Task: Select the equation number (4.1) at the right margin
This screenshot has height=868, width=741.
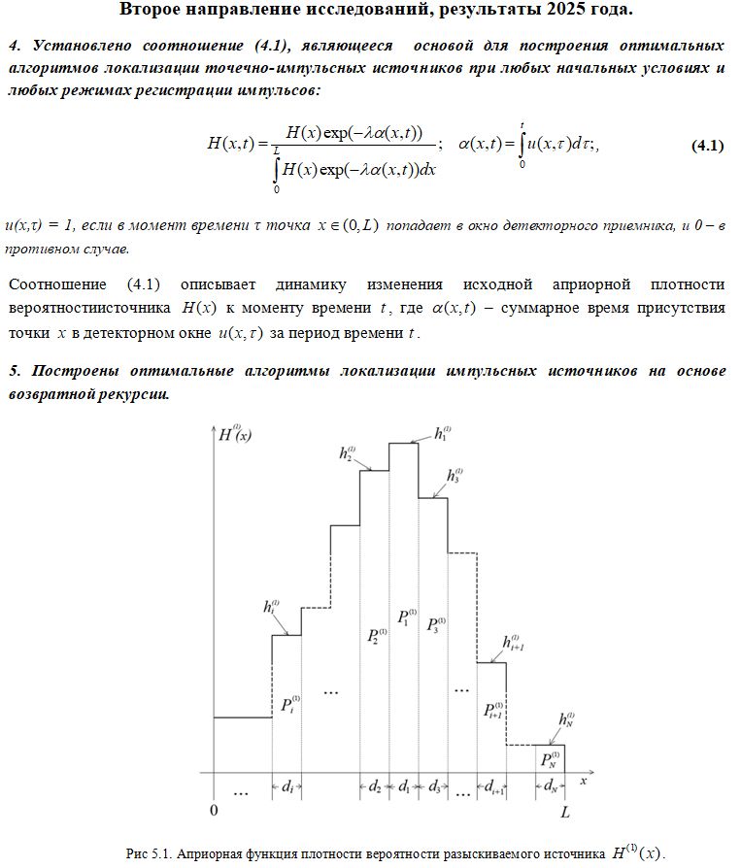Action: point(707,146)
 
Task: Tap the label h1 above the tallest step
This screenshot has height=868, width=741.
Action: point(442,432)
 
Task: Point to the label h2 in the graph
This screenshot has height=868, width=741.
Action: point(348,453)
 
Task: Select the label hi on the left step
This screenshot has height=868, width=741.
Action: point(270,607)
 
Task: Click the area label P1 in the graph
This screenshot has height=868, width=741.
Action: point(406,618)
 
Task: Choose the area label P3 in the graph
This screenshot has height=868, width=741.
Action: point(435,624)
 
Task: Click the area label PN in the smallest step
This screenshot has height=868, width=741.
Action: point(550,758)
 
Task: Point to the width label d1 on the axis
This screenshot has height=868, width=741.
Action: point(404,787)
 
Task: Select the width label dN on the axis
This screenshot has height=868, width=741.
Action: point(550,787)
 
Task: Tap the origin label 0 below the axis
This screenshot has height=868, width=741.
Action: point(214,809)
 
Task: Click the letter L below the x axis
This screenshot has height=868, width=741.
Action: point(564,809)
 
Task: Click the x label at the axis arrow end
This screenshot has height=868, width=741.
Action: point(584,779)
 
